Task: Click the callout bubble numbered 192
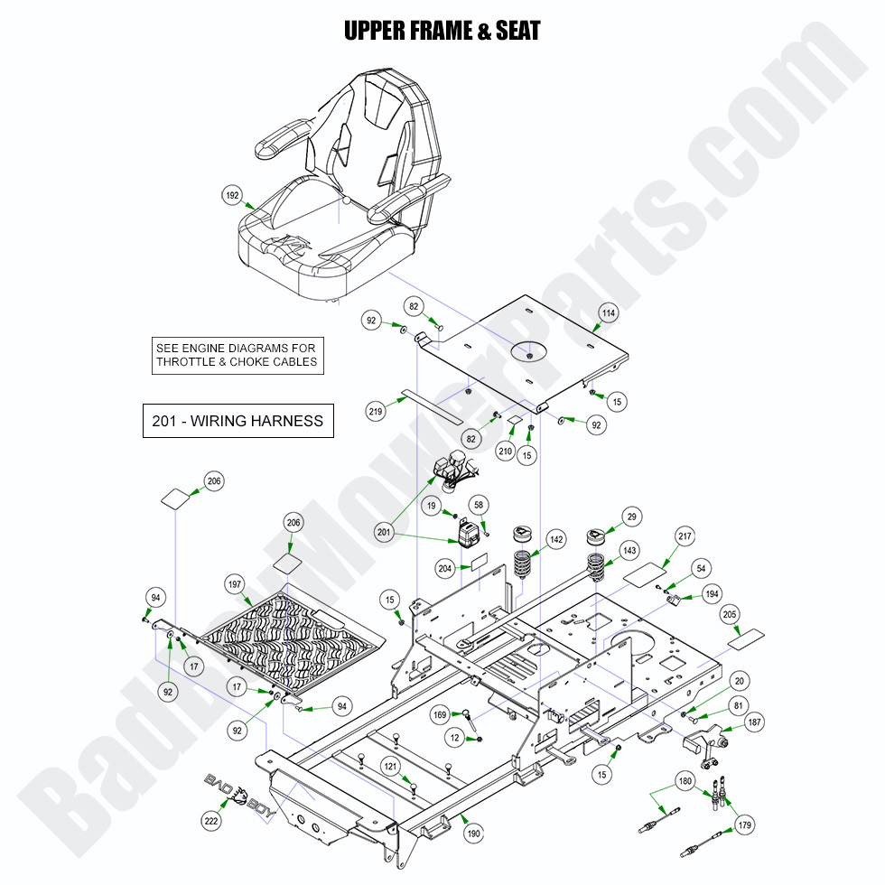click(x=233, y=194)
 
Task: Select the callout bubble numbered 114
click(x=609, y=313)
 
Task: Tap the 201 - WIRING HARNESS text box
click(x=238, y=421)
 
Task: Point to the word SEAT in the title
click(x=517, y=31)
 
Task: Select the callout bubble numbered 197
click(x=235, y=586)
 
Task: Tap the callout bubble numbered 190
click(x=473, y=834)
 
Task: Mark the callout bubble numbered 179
click(x=744, y=824)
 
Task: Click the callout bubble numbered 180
click(x=685, y=780)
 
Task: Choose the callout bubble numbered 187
click(x=754, y=723)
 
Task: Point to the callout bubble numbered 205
click(x=730, y=613)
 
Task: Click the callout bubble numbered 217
click(x=685, y=537)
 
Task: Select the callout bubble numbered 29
click(x=632, y=516)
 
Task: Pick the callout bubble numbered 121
click(x=389, y=766)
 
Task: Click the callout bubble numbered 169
click(x=440, y=716)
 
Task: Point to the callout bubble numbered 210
click(x=505, y=451)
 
